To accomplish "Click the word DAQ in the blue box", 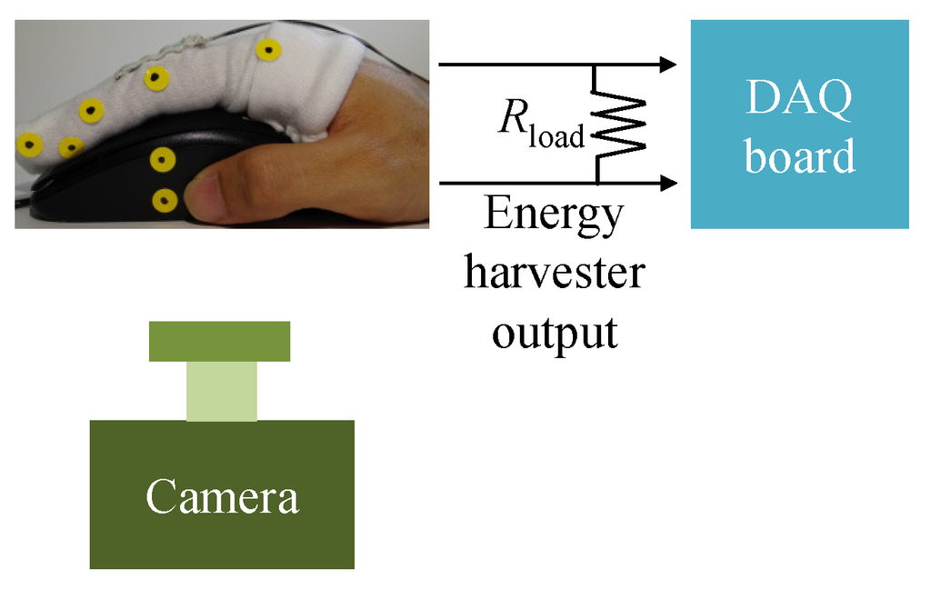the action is [799, 98].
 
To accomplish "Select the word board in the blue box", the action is [799, 155].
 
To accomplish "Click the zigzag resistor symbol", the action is [620, 124].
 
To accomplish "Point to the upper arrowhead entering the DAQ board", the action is [668, 65].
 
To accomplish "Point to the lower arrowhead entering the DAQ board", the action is [668, 183].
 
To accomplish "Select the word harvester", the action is [554, 274].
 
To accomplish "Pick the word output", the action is [554, 332].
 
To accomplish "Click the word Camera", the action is [222, 497].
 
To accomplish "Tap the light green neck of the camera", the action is [222, 391].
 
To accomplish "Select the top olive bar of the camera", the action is [219, 341].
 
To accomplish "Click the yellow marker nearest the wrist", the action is [266, 49].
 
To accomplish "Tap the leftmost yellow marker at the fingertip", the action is [29, 144].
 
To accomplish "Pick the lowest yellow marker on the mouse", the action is [164, 199].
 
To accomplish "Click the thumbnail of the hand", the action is [204, 195].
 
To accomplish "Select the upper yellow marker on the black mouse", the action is [163, 161].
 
